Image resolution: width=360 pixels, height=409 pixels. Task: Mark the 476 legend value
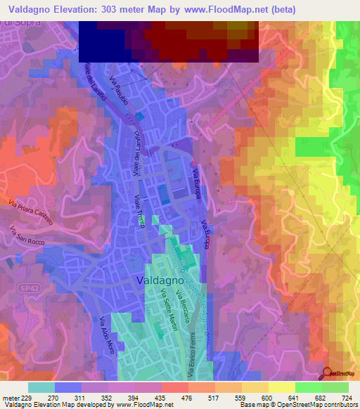(188, 397)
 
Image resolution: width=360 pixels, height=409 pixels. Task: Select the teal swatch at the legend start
(41, 387)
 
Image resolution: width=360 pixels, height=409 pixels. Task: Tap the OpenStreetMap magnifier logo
(328, 374)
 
